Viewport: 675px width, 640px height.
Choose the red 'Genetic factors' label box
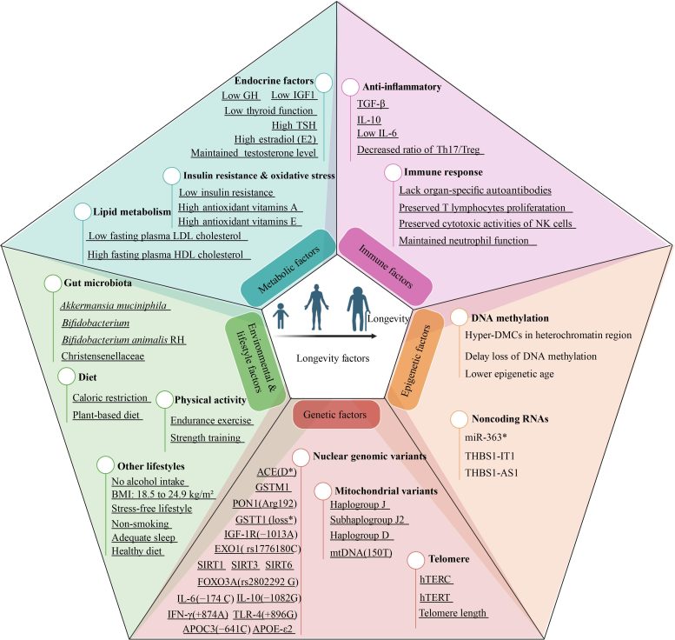337,414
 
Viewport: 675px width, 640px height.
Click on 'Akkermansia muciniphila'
115,305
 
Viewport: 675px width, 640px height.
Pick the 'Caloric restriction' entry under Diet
106,397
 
